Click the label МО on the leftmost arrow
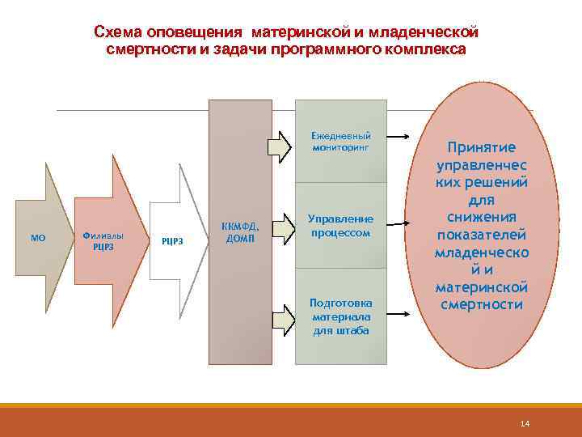[x=37, y=238]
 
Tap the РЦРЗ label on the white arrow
[x=172, y=239]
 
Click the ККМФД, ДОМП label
[x=240, y=232]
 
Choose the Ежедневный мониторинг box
[x=341, y=143]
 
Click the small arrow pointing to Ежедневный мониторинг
[x=280, y=144]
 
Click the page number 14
[x=525, y=424]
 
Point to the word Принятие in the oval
[x=482, y=148]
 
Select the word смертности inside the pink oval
[x=482, y=305]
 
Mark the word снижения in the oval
[x=482, y=218]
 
